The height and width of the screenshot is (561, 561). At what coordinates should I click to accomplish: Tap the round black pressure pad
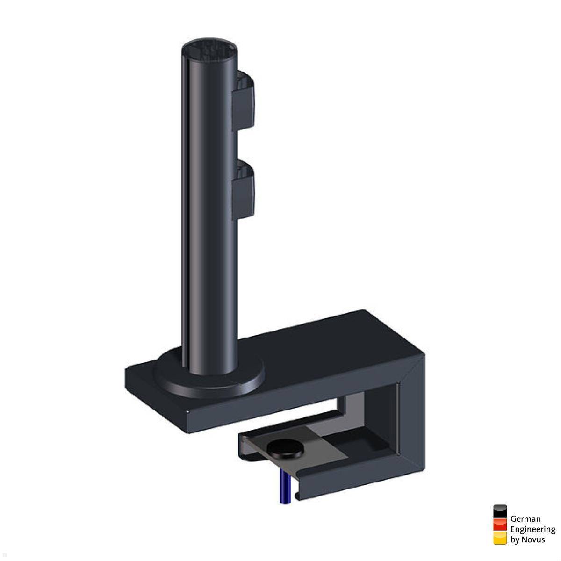click(x=285, y=449)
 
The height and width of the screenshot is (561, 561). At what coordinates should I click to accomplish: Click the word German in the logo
click(x=525, y=518)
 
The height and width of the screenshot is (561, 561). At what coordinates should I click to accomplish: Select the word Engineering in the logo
click(x=532, y=529)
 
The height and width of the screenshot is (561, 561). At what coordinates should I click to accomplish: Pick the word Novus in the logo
click(x=534, y=539)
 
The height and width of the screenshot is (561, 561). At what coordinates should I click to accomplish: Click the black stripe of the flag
click(x=500, y=511)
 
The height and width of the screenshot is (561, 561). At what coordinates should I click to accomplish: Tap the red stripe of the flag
click(x=500, y=525)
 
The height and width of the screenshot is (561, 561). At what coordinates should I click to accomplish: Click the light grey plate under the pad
click(x=323, y=449)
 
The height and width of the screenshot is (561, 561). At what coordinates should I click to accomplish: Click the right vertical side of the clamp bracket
click(x=411, y=421)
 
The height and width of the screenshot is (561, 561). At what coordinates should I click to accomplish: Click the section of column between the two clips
click(x=210, y=145)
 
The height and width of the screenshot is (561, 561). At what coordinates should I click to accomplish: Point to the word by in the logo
click(x=515, y=539)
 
